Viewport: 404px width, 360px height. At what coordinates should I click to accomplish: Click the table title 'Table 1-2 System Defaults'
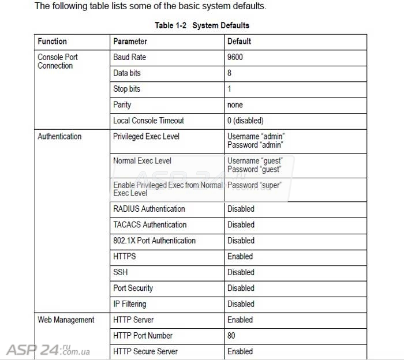pos(202,25)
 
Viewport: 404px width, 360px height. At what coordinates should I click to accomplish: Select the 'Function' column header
pos(52,42)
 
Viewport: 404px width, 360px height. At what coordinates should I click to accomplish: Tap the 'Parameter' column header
pos(130,42)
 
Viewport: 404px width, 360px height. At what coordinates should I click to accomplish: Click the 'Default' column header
pos(239,42)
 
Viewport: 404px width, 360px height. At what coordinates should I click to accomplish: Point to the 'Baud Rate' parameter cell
pos(129,57)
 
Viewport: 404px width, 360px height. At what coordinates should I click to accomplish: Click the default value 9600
pos(235,57)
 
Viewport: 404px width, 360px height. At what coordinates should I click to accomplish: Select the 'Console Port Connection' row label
pos(57,61)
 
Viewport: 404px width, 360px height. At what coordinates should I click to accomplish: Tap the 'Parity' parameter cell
pos(122,105)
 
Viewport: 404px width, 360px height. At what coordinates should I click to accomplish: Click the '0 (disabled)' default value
pos(245,121)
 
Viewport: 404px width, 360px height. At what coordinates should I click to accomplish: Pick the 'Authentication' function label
pos(59,137)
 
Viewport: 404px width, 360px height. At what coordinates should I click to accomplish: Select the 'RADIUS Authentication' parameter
pos(149,209)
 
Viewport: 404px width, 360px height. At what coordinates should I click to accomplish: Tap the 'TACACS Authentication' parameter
pos(149,224)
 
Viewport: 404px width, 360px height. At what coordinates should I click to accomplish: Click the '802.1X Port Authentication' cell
pos(154,241)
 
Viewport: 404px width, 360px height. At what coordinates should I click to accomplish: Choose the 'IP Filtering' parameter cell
pos(129,304)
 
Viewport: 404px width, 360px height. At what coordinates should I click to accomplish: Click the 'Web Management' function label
pos(66,320)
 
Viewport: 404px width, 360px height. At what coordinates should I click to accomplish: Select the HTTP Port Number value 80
pos(231,336)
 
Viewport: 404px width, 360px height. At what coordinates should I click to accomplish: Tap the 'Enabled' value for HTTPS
pos(240,256)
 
